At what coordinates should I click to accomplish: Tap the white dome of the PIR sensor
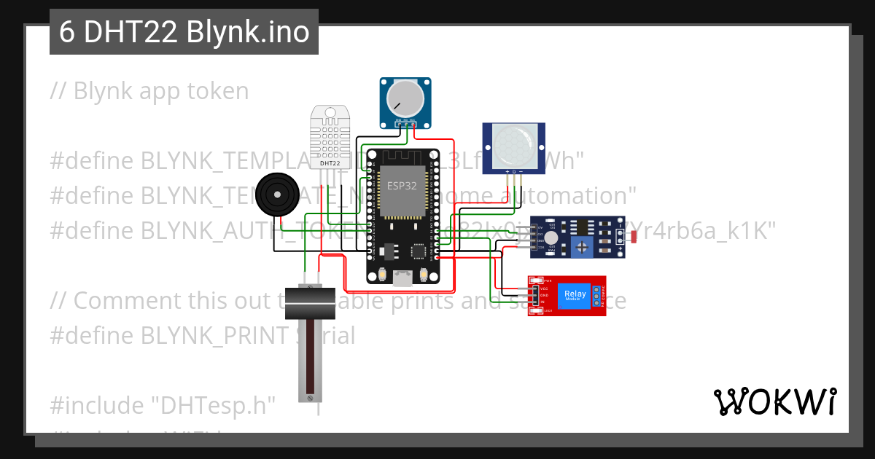click(513, 145)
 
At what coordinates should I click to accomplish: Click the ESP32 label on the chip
click(402, 186)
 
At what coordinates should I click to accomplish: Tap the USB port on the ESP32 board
click(402, 277)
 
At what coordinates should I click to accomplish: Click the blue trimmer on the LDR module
click(582, 247)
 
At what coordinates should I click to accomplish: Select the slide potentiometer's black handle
click(309, 302)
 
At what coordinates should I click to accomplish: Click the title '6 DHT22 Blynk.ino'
click(184, 32)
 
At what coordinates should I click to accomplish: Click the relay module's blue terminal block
click(596, 294)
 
